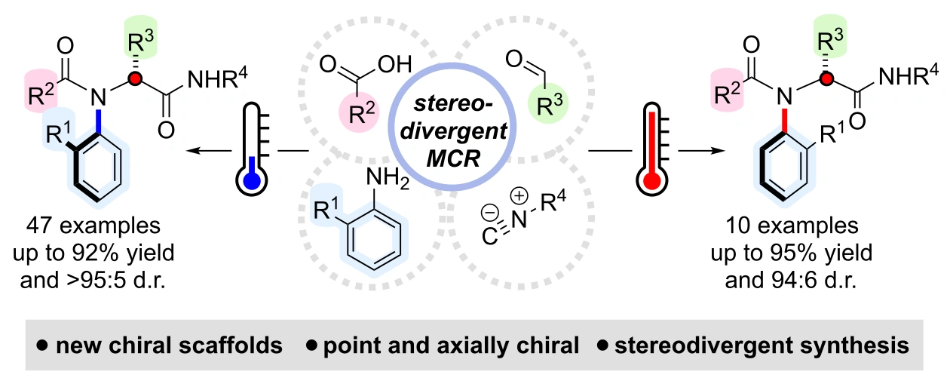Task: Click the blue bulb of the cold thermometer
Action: click(x=252, y=180)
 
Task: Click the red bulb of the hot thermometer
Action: click(x=652, y=180)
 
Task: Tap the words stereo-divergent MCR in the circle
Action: click(x=453, y=131)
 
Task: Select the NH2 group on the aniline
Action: click(x=388, y=178)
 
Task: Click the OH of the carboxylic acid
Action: click(x=395, y=64)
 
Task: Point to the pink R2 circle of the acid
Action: click(x=359, y=112)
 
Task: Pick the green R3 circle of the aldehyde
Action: click(x=548, y=103)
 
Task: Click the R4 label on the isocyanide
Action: click(x=553, y=201)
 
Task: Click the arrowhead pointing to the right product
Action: click(x=718, y=150)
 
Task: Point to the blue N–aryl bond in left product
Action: click(x=99, y=121)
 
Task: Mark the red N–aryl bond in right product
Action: click(x=785, y=121)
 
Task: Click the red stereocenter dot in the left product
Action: click(x=135, y=79)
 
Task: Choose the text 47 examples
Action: click(x=93, y=226)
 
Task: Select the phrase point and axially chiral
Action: click(x=451, y=346)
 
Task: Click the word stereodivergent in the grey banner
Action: click(x=704, y=345)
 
